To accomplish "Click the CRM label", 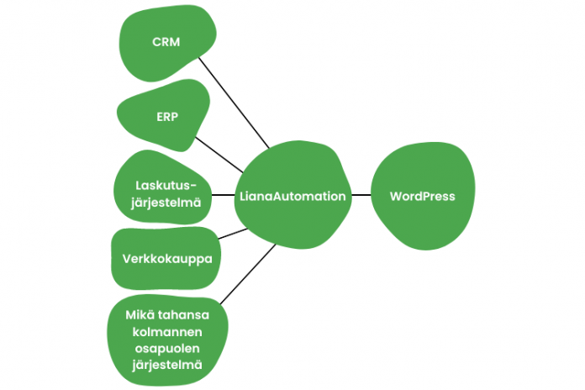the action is coord(166,42).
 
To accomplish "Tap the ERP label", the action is coord(167,117).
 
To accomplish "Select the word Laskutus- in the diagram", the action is coord(166,185).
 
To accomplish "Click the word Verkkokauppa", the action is coord(167,259).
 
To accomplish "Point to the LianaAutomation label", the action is coord(292,197).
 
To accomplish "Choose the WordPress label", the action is coord(422,197).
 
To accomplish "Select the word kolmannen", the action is coord(167,332).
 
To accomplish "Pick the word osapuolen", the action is coord(167,349).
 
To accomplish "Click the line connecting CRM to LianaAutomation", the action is coord(234,103).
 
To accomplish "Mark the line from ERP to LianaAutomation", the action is coord(219,155).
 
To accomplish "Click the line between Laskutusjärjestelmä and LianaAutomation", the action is coord(223,195).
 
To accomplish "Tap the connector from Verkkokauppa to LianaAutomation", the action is coord(233,234).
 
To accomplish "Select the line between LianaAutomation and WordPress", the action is coord(361,195).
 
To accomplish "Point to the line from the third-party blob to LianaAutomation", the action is coord(248,274).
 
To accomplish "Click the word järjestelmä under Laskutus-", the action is coord(166,203).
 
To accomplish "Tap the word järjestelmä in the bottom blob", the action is coord(167,365).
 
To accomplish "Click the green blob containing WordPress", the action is coord(423,196).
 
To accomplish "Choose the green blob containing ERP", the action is coord(164,115).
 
